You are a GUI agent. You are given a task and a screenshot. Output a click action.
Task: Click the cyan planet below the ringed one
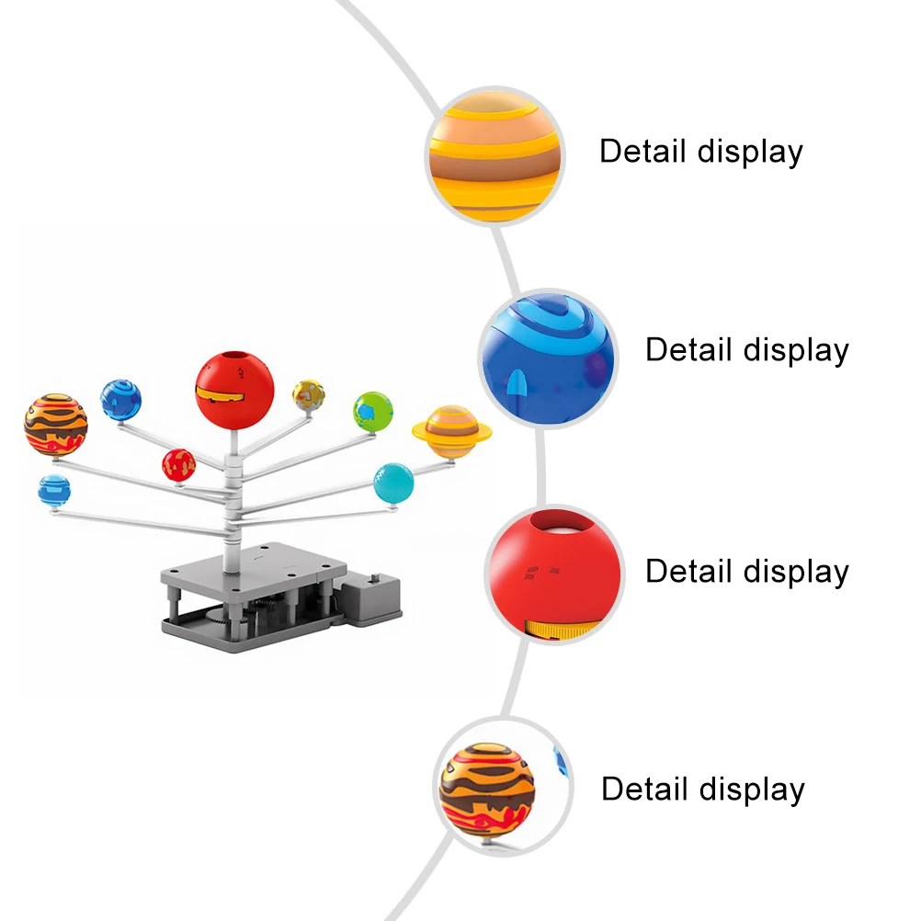click(393, 483)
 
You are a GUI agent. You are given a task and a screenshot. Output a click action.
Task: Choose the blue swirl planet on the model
click(121, 399)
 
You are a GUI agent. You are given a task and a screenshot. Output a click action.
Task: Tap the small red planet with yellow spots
click(178, 465)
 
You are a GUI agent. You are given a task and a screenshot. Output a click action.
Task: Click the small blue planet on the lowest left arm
click(54, 490)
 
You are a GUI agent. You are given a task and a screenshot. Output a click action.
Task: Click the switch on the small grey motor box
click(374, 584)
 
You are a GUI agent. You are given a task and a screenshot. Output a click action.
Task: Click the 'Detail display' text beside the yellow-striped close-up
click(701, 152)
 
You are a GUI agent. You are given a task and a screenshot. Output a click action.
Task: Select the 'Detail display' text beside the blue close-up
click(746, 350)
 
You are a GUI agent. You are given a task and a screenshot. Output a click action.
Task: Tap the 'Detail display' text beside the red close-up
click(746, 572)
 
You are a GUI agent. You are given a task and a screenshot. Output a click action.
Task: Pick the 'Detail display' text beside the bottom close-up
click(703, 790)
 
